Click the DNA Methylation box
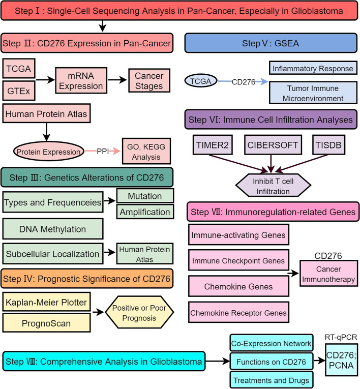[x=53, y=230]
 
